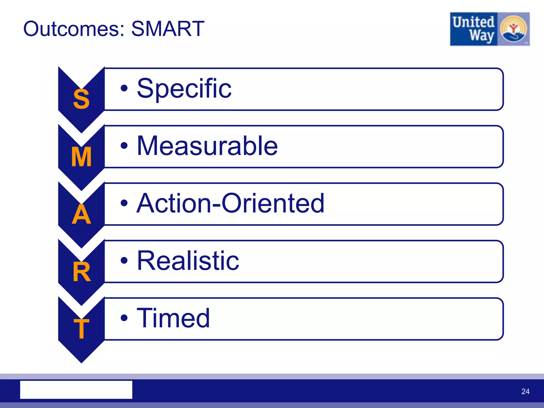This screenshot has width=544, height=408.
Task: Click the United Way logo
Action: pyautogui.click(x=490, y=29)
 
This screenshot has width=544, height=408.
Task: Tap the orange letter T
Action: pyautogui.click(x=81, y=329)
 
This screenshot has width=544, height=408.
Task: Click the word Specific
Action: pyautogui.click(x=184, y=88)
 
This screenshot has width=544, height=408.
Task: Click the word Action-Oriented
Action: pyautogui.click(x=230, y=203)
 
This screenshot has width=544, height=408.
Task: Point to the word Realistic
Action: pyautogui.click(x=188, y=261)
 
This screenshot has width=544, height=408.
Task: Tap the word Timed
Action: pyautogui.click(x=173, y=318)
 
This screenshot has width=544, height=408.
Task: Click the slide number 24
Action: pyautogui.click(x=525, y=391)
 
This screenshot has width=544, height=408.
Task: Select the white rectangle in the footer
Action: pyautogui.click(x=76, y=390)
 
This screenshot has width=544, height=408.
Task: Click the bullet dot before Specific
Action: pyautogui.click(x=124, y=88)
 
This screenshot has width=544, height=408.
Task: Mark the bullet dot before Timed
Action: pyautogui.click(x=124, y=318)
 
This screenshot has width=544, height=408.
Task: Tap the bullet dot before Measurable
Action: pyautogui.click(x=124, y=146)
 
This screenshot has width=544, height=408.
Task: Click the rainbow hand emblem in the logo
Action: pyautogui.click(x=513, y=29)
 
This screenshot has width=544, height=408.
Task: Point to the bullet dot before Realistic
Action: pyautogui.click(x=124, y=261)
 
